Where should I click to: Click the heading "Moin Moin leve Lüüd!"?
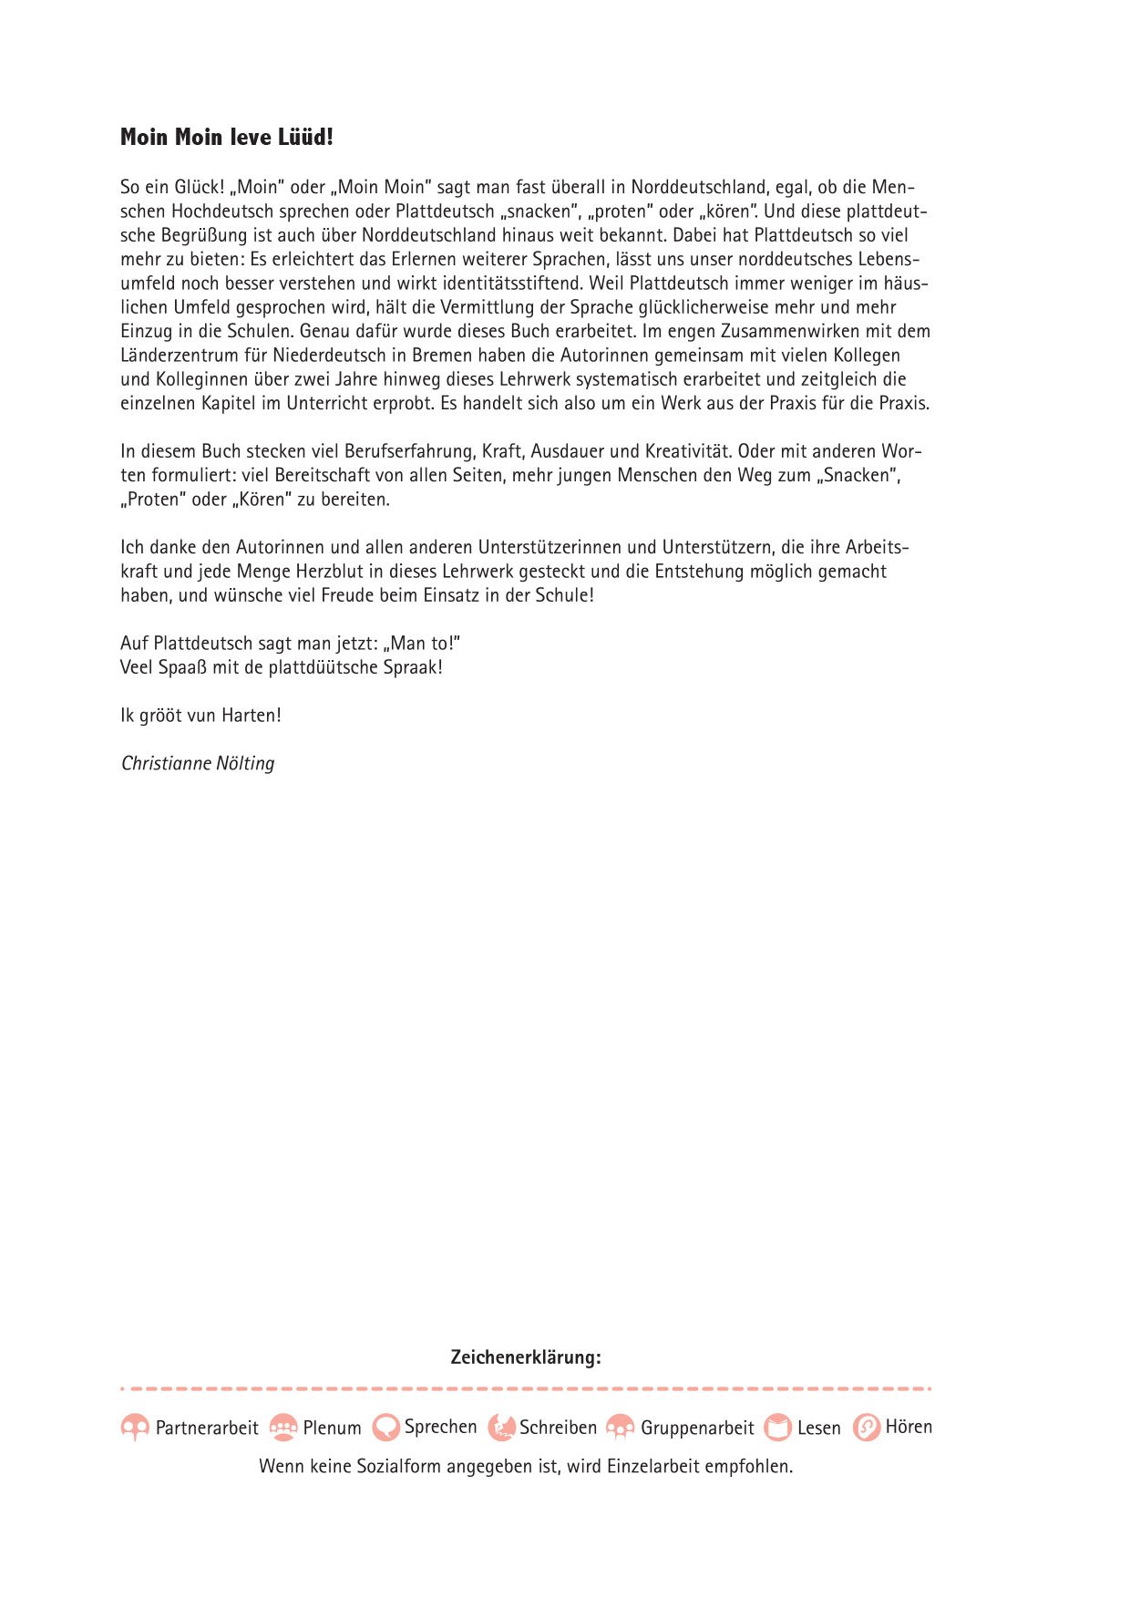pos(227,138)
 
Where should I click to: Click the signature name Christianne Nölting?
pos(198,764)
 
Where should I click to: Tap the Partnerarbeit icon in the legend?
pos(135,1427)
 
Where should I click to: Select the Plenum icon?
pos(284,1427)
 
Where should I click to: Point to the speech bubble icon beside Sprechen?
pos(386,1427)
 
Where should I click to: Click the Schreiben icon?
pos(501,1427)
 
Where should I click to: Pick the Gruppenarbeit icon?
pos(621,1427)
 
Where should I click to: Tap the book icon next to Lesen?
pos(777,1427)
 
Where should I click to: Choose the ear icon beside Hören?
pos(866,1427)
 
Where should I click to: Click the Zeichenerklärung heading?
pos(526,1357)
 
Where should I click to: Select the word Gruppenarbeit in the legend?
pos(697,1429)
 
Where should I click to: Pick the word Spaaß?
pos(183,668)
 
